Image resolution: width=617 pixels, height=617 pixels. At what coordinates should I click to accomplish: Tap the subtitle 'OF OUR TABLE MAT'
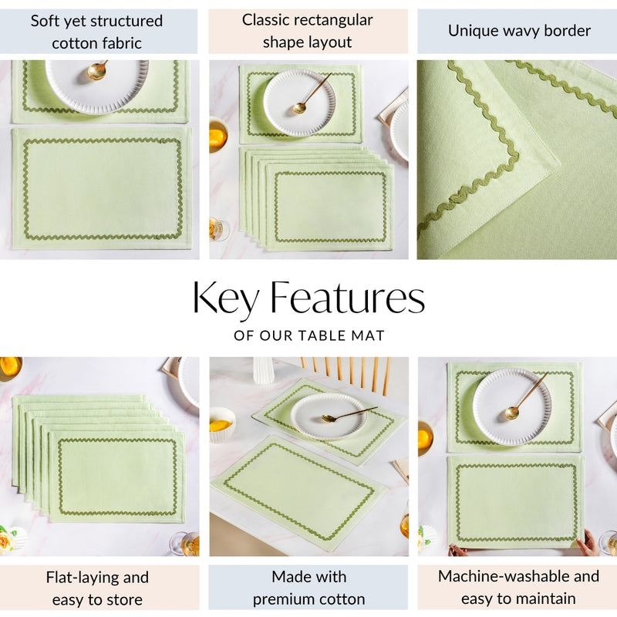[x=308, y=336]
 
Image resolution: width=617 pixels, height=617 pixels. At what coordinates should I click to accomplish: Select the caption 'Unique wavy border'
[x=519, y=31]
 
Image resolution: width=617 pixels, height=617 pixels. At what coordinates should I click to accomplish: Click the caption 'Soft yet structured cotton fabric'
[x=97, y=32]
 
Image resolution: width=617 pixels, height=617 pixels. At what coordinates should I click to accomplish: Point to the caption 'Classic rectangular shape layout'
[x=308, y=31]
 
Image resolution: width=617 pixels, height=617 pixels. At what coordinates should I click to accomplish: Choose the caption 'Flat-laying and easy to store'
[x=97, y=588]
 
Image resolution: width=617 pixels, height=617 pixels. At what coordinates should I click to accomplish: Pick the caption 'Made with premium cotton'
[x=308, y=588]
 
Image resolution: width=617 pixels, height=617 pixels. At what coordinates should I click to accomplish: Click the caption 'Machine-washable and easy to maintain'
[x=518, y=587]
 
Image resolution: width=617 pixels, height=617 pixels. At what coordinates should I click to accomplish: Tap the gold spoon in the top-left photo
[x=97, y=71]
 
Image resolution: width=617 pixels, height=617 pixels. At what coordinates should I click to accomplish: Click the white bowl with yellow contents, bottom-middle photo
[x=222, y=423]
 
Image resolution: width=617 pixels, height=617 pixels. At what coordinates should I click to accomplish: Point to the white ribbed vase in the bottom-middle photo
[x=264, y=369]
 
